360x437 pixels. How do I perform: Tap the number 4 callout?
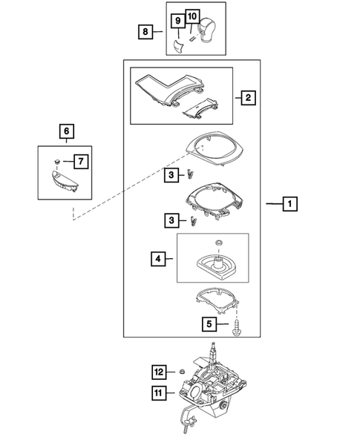[157, 260]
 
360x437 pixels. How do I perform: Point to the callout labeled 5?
[209, 323]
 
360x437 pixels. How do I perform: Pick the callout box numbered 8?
[146, 31]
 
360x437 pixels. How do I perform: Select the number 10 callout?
[192, 16]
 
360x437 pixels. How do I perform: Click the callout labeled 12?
[157, 371]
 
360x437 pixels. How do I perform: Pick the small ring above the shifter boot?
[217, 243]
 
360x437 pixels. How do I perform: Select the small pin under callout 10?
[192, 32]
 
